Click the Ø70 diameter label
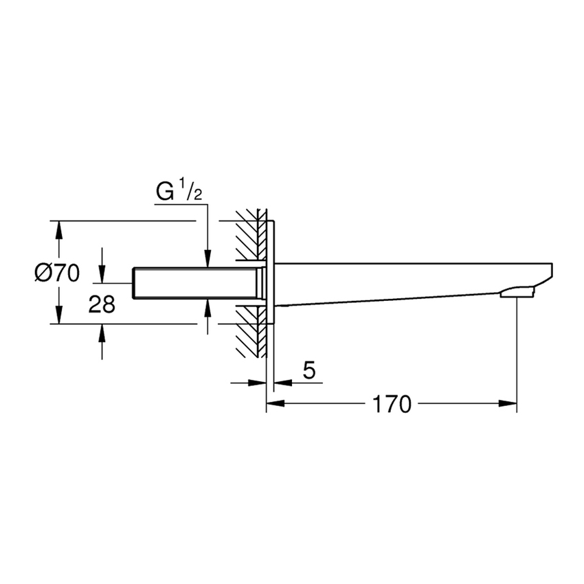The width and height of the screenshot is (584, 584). [x=57, y=273]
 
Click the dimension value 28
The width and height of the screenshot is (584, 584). [x=102, y=304]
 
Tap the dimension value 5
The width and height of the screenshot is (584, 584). [x=309, y=372]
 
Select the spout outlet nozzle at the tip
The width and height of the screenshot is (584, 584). [x=517, y=294]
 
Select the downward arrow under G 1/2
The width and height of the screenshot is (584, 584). [x=207, y=258]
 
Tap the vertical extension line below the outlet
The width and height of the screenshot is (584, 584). [x=517, y=350]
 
